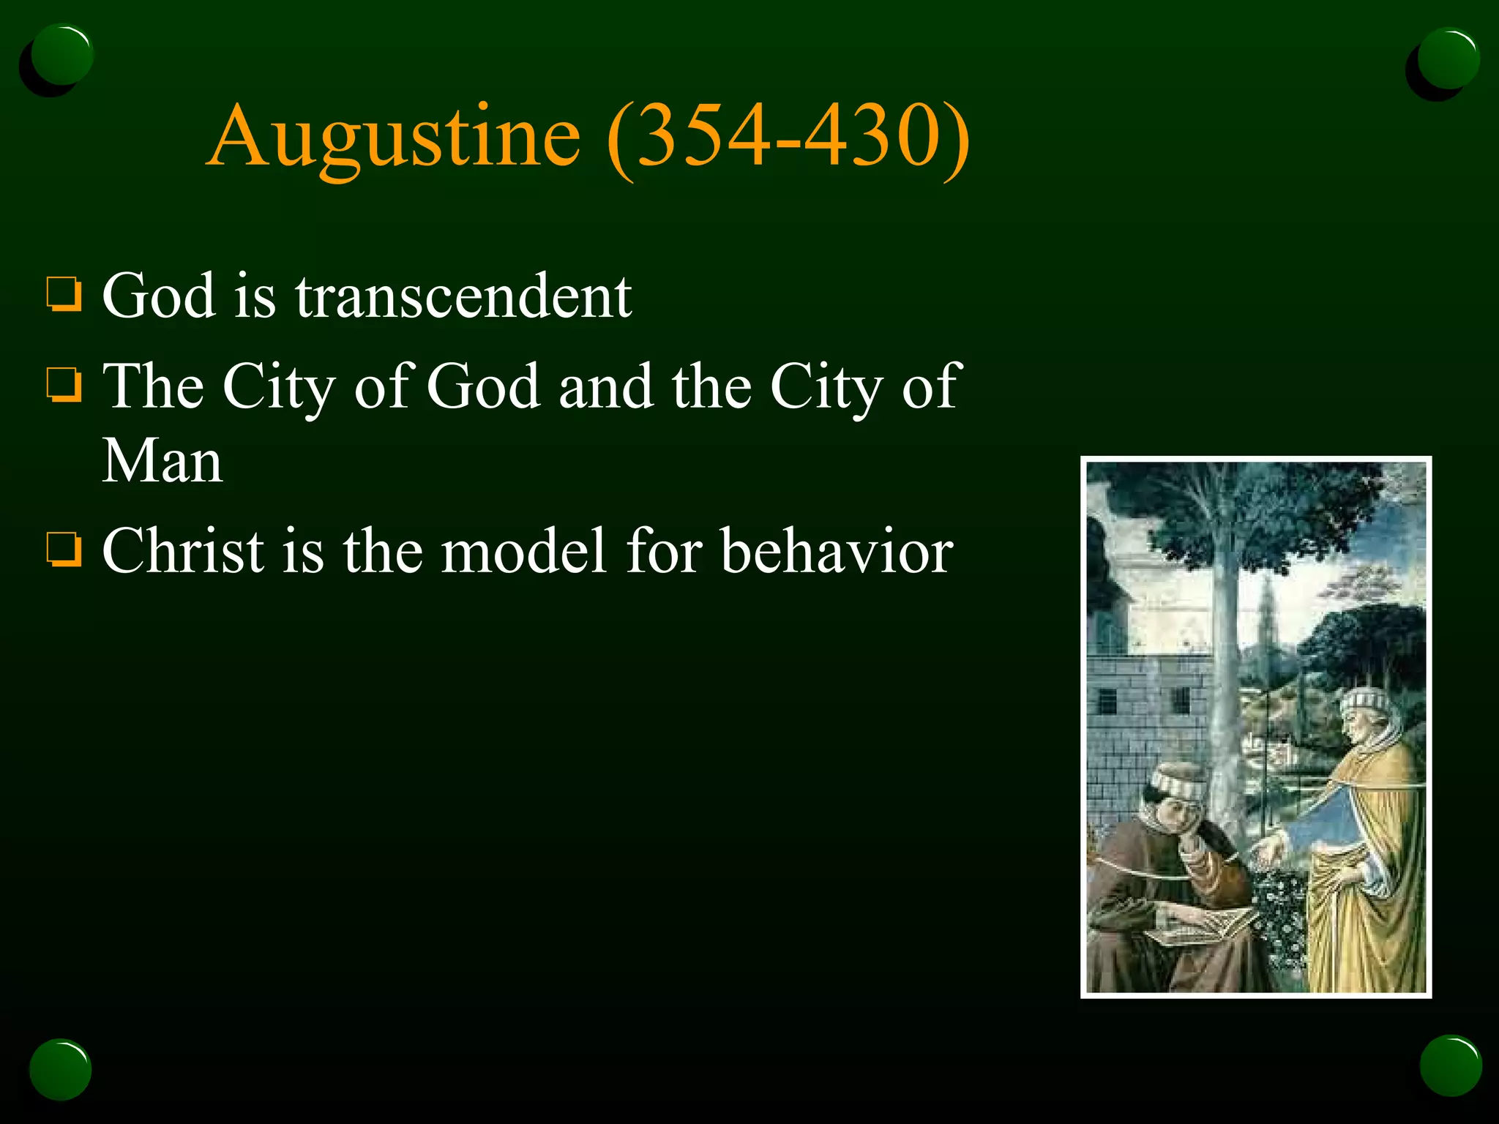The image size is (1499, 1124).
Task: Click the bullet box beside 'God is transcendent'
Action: [x=64, y=294]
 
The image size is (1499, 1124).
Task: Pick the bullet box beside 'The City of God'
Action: [x=64, y=385]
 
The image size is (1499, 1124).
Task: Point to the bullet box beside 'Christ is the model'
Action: [x=64, y=550]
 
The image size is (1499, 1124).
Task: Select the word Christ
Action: [x=183, y=550]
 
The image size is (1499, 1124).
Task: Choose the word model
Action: [x=524, y=550]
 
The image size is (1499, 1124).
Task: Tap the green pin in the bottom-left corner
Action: [x=60, y=1069]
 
